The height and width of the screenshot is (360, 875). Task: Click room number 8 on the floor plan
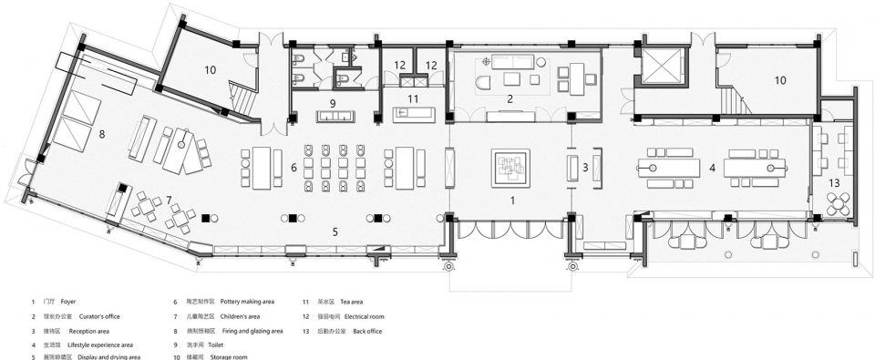(102, 133)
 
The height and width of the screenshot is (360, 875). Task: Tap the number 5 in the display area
(335, 232)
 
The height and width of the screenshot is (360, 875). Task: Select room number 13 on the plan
(833, 183)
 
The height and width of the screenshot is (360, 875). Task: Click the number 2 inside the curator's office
(510, 98)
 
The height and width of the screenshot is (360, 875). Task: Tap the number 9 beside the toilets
(334, 102)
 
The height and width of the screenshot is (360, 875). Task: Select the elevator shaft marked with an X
(658, 64)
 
